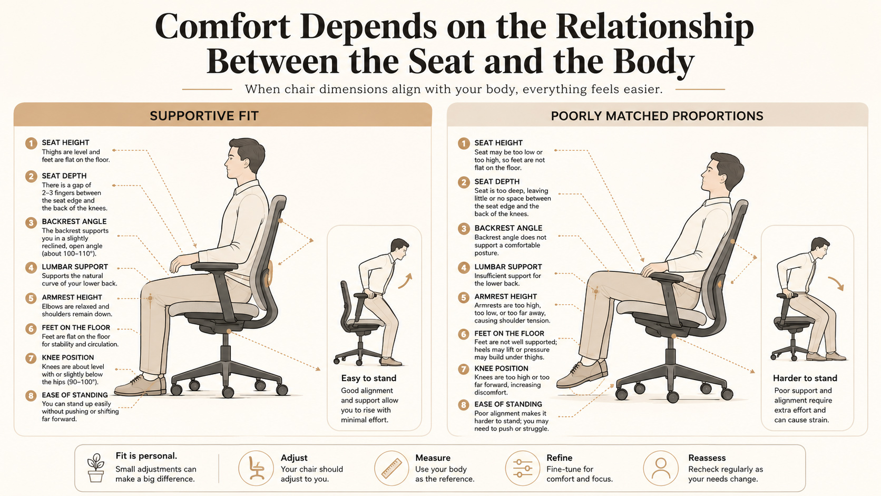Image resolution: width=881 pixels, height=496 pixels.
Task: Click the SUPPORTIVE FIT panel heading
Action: [204, 116]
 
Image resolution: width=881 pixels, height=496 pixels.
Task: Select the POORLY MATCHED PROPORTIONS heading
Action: [657, 116]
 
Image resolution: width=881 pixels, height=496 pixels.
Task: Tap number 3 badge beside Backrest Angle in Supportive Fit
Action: [31, 222]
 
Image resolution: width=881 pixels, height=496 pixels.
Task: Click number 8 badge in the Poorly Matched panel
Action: [464, 405]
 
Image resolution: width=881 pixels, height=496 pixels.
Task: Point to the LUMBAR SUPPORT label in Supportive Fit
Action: [75, 267]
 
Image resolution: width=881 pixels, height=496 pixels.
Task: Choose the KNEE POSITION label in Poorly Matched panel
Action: [501, 368]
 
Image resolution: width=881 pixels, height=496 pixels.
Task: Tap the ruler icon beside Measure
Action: [391, 468]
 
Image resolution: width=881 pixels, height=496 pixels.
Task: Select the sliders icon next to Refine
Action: [523, 468]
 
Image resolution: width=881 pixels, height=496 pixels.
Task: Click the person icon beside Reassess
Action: [661, 468]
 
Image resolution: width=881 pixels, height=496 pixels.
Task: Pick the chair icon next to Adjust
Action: [256, 468]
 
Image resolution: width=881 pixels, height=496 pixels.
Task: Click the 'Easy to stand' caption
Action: [368, 378]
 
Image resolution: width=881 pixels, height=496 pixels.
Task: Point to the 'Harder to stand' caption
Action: [805, 378]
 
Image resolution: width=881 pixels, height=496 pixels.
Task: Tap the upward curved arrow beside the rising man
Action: [406, 281]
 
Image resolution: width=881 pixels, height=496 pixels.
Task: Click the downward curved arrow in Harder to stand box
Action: [837, 283]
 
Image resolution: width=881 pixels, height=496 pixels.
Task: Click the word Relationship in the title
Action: [654, 27]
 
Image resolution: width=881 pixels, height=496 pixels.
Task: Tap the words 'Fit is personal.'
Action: [146, 456]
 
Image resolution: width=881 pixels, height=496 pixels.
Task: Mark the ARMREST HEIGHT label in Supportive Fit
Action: [72, 297]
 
